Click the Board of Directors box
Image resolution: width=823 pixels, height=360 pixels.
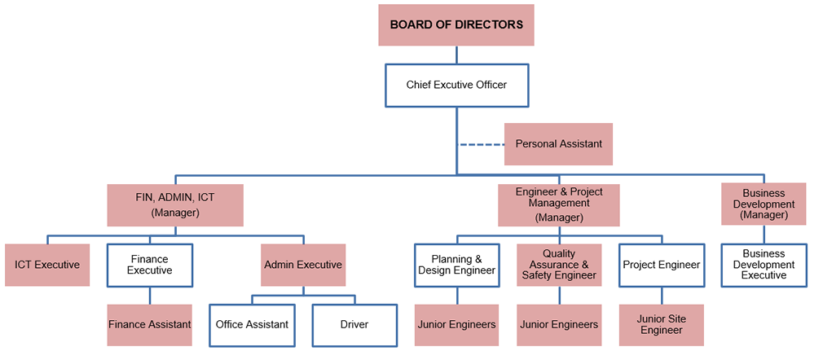[x=456, y=24]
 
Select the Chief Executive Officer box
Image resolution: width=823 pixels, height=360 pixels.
[x=456, y=86]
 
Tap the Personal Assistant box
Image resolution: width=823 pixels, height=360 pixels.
[x=558, y=144]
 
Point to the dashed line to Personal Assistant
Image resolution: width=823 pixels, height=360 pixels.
[x=482, y=145]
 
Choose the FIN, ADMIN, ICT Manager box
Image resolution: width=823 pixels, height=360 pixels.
[x=175, y=204]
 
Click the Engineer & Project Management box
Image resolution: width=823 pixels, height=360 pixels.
[x=559, y=204]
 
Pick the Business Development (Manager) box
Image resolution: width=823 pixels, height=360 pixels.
[x=764, y=204]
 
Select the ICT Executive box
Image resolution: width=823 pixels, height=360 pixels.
[x=47, y=265]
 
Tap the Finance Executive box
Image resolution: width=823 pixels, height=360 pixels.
[x=150, y=265]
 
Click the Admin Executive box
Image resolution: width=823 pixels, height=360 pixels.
[x=303, y=265]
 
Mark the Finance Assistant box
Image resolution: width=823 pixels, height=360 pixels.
[x=150, y=324]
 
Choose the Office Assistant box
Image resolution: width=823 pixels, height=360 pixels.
[x=252, y=324]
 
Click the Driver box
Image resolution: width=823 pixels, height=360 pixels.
[x=354, y=324]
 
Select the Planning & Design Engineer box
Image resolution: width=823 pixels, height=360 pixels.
[x=456, y=265]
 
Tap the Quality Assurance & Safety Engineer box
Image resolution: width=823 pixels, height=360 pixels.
[x=559, y=265]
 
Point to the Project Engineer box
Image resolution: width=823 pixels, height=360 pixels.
[x=661, y=265]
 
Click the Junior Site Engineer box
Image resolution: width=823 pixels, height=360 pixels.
[x=661, y=324]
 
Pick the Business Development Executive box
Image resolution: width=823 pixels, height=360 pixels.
[x=764, y=265]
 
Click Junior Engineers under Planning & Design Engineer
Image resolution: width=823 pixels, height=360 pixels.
[x=456, y=324]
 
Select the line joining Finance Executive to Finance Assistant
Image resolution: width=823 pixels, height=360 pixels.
[x=150, y=296]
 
